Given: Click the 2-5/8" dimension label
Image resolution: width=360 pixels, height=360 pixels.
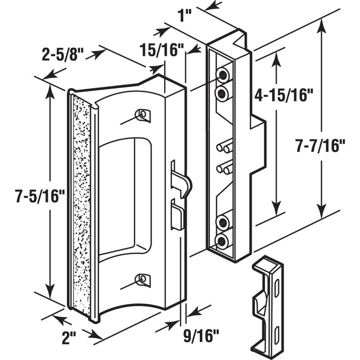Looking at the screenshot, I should point(61,53).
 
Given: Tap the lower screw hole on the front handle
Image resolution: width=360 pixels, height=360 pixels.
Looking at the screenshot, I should point(142,278).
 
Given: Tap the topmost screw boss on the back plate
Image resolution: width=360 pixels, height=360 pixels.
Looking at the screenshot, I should point(222,74).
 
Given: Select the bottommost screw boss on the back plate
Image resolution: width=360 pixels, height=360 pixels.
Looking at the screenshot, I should point(222,241).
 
